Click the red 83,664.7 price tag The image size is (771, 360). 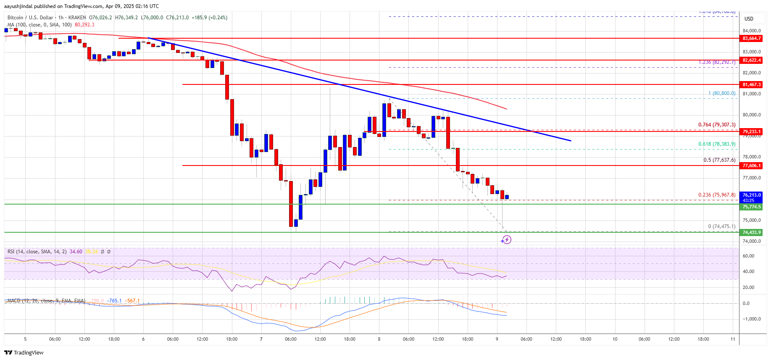751,38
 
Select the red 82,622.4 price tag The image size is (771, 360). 751,60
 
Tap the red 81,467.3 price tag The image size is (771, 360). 751,84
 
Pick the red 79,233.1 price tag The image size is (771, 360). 751,131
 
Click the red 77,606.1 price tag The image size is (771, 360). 751,166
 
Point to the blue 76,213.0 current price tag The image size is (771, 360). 751,195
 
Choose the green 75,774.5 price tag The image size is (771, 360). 751,207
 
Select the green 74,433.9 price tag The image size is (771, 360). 751,232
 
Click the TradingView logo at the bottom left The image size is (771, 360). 24,352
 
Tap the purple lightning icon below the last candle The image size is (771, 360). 506,239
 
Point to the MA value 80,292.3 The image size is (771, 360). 84,25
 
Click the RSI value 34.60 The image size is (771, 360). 76,252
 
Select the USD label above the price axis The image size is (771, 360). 749,19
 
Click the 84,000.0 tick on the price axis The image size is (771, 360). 752,31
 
